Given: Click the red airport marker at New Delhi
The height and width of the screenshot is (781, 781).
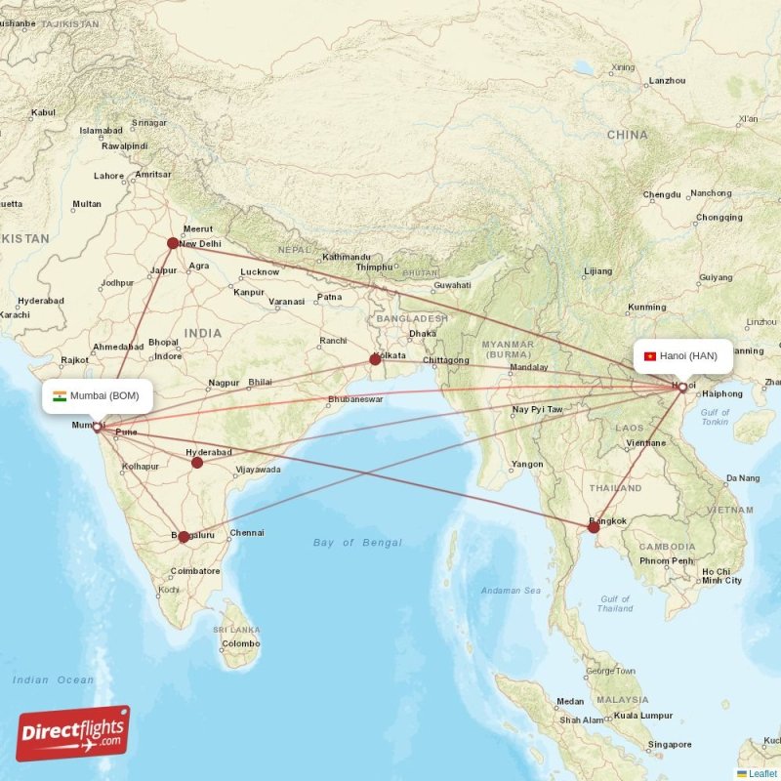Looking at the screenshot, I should tap(173, 243).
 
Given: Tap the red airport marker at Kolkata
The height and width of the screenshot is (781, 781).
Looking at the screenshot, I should tap(375, 359).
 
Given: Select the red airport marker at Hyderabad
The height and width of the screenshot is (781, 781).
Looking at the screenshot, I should tap(197, 462).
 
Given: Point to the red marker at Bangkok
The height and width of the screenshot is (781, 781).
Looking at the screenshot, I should tap(594, 526).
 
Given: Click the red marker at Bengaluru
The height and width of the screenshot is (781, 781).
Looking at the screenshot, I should tap(184, 536).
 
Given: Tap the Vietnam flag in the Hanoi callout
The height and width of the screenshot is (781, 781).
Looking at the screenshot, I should tap(649, 356).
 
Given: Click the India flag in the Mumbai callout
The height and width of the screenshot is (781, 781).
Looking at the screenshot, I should tap(60, 395).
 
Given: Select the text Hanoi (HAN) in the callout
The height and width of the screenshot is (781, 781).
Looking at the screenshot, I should tap(688, 356).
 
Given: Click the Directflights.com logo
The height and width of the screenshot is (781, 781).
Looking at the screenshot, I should tap(73, 733).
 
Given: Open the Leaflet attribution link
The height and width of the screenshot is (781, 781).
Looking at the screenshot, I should tap(762, 773).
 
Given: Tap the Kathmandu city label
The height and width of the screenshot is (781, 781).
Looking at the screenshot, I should tap(347, 257).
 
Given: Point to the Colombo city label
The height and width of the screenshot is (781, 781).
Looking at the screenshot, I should tap(240, 644).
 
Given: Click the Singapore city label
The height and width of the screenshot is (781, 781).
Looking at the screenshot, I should tap(670, 744).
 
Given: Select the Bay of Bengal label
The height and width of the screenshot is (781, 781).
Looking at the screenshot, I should tap(357, 542).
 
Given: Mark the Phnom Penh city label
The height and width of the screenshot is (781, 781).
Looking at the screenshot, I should tap(667, 561).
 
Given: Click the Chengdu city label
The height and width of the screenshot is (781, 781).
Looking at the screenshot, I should tap(662, 195).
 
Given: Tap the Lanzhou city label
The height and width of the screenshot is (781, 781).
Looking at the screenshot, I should tap(668, 81).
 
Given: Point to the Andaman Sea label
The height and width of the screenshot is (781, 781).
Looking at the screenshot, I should tap(511, 591).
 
